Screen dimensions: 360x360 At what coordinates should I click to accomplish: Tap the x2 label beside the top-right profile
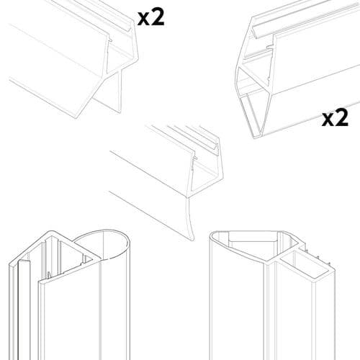click(x=335, y=117)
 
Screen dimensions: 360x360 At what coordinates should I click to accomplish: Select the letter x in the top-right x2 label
click(x=327, y=119)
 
